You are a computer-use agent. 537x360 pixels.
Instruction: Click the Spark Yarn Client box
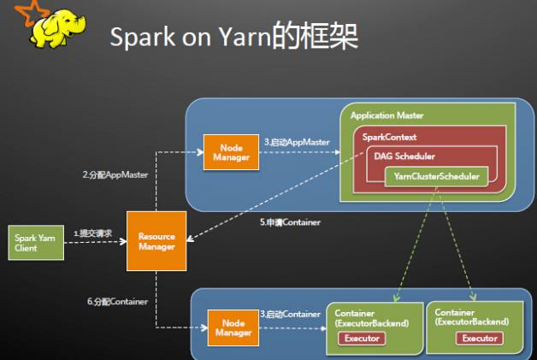[x=35, y=243]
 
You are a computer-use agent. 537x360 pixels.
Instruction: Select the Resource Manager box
[x=156, y=242]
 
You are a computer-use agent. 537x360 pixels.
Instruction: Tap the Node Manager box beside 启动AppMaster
[x=227, y=152]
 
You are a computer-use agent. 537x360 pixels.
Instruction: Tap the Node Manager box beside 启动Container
[x=231, y=327]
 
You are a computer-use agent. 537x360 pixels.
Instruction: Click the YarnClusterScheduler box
[x=436, y=177]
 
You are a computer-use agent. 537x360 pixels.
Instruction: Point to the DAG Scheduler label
[x=404, y=156]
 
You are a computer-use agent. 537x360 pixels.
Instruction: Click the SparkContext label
[x=388, y=137]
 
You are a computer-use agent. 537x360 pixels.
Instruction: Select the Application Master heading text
[x=387, y=115]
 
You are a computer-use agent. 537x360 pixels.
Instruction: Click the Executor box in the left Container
[x=361, y=338]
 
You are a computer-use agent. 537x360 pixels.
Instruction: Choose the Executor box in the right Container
[x=479, y=338]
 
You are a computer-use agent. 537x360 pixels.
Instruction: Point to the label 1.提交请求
[x=92, y=233]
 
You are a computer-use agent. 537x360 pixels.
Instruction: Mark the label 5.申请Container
[x=291, y=222]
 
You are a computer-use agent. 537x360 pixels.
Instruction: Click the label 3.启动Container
[x=292, y=315]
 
